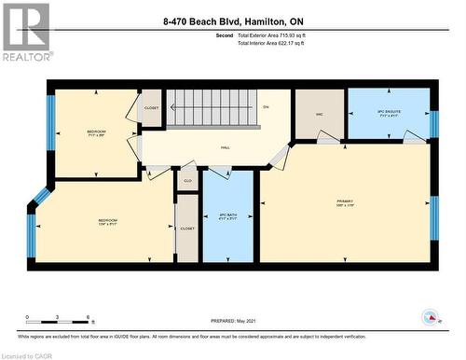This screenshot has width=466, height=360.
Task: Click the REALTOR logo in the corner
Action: (26, 32)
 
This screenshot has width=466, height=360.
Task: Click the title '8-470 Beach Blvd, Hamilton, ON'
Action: (232, 21)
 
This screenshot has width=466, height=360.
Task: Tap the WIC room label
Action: (319, 114)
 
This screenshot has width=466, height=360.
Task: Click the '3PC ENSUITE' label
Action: (389, 113)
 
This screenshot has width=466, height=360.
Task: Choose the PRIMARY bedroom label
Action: (346, 202)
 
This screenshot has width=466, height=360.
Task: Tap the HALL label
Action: (226, 147)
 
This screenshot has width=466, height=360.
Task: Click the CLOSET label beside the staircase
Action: (152, 107)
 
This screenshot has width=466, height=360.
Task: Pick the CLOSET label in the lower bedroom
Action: (186, 228)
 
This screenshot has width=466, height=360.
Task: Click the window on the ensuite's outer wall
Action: (433, 123)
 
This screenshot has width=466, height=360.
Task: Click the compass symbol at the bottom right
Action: (430, 318)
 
